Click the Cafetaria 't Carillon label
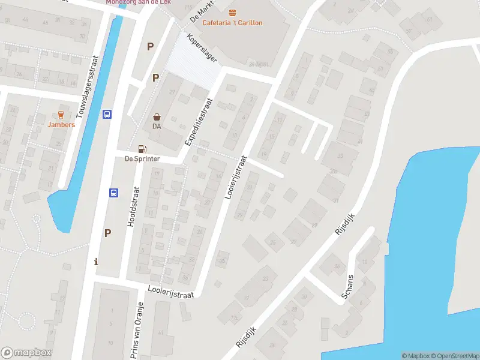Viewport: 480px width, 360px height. pos(232,23)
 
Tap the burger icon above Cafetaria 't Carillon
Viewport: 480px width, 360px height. pos(232,13)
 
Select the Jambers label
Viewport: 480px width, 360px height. pos(61,125)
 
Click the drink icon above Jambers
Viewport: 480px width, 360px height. pos(61,114)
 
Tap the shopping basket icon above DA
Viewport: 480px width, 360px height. pos(157,117)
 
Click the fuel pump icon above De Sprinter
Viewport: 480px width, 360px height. pos(142,149)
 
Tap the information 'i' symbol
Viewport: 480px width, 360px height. pos(97,262)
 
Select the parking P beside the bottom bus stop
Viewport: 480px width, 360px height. pos(108,233)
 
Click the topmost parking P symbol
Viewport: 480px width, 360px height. pos(150,46)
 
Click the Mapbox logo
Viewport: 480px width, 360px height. pos(26,353)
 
